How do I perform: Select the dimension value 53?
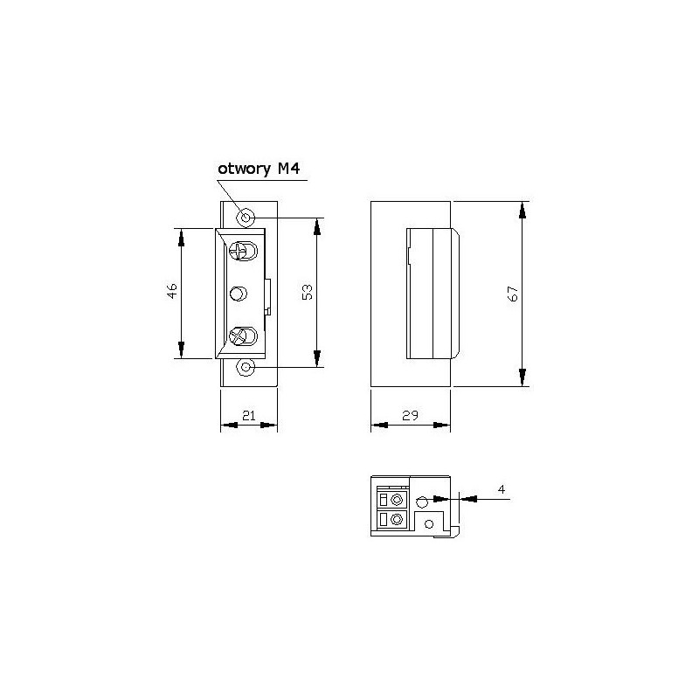307,292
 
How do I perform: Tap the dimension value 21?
248,416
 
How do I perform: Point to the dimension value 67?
514,294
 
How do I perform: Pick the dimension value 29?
410,416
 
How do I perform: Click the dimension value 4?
502,489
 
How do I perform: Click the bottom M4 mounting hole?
246,368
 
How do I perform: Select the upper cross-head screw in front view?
242,253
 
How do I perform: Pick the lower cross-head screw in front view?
242,335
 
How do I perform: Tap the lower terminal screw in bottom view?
398,521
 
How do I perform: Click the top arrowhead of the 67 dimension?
523,211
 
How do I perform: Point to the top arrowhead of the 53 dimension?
316,225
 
